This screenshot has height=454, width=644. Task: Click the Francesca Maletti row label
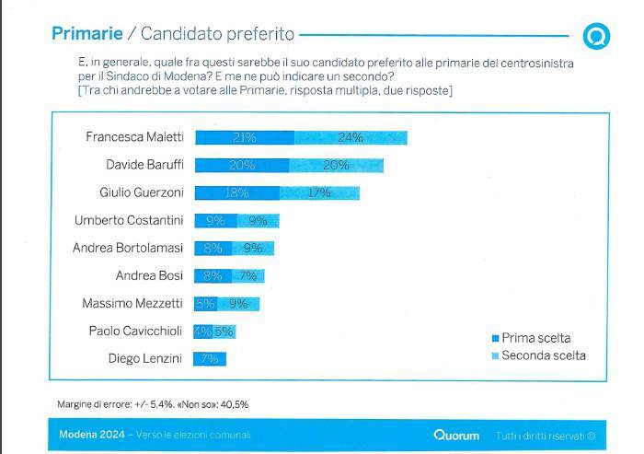[134, 137]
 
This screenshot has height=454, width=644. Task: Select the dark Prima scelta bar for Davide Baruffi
[242, 166]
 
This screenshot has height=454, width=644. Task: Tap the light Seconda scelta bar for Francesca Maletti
[351, 137]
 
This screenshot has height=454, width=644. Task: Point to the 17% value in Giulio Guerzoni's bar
[319, 193]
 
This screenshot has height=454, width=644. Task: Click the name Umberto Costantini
[129, 220]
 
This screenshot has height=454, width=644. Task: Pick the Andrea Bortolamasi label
[128, 248]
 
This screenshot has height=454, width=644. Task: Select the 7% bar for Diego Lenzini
[210, 358]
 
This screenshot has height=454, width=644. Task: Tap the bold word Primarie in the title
[87, 34]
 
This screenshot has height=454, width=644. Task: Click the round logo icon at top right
[596, 36]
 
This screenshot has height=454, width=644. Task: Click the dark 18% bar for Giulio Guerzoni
[237, 193]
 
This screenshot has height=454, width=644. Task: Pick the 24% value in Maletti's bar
[351, 137]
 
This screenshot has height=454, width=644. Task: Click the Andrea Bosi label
[150, 275]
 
